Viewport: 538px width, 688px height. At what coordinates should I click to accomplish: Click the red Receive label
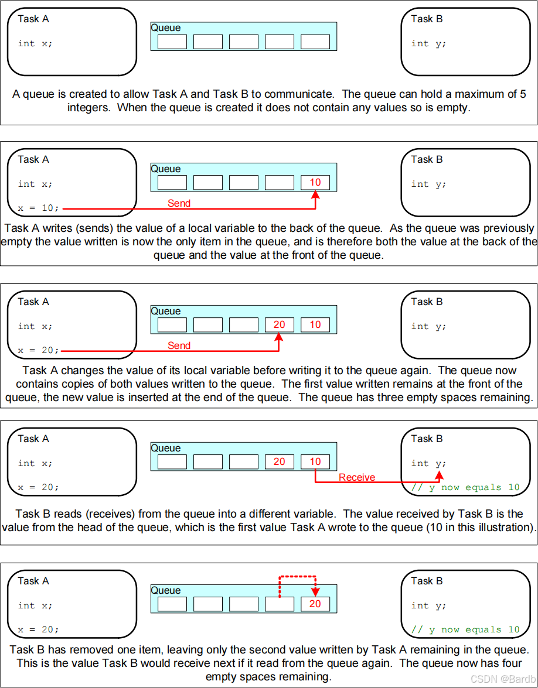click(356, 477)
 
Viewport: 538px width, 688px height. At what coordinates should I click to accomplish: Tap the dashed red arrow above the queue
click(297, 577)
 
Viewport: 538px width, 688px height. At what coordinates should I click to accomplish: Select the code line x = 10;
click(39, 208)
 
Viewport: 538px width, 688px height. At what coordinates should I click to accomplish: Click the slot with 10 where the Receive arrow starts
click(315, 461)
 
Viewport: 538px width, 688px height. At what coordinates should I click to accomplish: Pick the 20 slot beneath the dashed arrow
click(315, 604)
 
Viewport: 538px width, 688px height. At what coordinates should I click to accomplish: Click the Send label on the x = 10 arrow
click(179, 203)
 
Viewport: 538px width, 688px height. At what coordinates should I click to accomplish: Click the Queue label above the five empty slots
click(166, 28)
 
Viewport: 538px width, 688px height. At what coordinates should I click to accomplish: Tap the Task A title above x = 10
click(33, 159)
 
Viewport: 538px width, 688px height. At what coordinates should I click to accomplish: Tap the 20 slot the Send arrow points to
click(280, 324)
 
